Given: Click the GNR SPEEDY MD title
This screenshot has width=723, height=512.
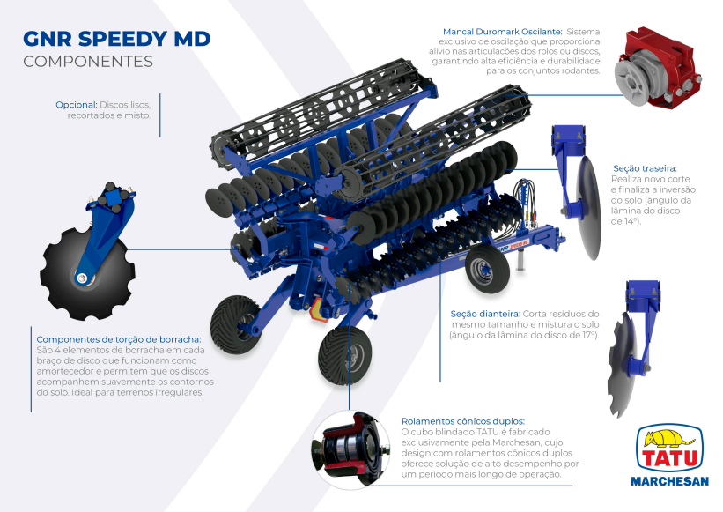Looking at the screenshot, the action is point(116,39).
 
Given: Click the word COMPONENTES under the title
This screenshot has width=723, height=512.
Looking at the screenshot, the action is point(88,62).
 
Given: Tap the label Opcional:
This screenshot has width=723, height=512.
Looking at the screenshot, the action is point(77,105).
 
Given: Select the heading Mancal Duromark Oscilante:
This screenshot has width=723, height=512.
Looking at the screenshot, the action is point(503,32).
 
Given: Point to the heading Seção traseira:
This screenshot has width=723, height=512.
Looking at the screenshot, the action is point(646,168).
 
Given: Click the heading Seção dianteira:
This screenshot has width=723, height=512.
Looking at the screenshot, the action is point(485,314).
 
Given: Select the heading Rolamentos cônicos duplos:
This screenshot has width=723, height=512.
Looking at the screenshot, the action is point(463,421).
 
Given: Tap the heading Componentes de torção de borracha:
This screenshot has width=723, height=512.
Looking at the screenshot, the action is point(119,339).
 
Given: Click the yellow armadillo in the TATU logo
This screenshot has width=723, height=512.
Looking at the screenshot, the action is point(669,438).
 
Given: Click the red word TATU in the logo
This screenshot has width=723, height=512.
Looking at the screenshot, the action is point(670,458).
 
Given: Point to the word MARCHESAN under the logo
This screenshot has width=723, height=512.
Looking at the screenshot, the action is point(669,481).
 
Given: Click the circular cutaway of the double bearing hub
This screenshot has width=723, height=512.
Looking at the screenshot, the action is point(350,449).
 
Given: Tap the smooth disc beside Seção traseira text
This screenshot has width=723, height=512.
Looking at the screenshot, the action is point(589,208).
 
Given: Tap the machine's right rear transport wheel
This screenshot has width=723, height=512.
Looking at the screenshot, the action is point(487,269).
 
